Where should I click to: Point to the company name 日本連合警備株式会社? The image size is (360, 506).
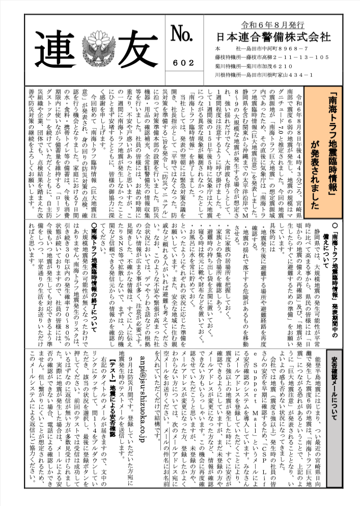(x=273, y=37)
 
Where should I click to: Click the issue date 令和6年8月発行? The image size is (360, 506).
(x=273, y=24)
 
